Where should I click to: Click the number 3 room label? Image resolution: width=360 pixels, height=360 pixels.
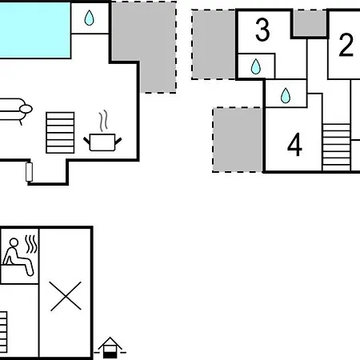pos(262,30)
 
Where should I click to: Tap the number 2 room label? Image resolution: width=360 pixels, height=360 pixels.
pos(346,45)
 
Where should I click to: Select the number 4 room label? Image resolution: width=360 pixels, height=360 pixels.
pos(294,145)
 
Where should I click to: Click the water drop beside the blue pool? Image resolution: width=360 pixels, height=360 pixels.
pos(89,18)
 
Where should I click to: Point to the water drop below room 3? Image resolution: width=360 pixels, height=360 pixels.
pos(256,66)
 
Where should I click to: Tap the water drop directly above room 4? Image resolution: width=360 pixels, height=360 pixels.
pos(286,95)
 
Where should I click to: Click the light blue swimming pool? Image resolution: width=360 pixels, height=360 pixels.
pos(35,30)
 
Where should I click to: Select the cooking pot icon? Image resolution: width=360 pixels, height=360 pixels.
pos(102,142)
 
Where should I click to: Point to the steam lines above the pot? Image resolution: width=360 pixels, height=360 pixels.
pos(103,121)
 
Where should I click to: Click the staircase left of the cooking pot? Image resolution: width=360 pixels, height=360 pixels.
pos(60,133)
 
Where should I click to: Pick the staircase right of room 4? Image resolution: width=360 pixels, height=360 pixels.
pos(336,147)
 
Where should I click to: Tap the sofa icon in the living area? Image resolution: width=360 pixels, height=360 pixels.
pos(14,110)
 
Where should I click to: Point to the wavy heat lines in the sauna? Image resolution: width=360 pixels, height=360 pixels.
pos(31,244)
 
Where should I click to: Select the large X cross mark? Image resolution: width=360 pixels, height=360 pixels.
pos(66,296)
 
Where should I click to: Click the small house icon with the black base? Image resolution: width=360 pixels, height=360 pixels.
pos(110,348)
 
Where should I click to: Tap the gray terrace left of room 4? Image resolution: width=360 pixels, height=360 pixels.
pos(238,140)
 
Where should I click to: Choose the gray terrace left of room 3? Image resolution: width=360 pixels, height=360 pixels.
pos(214,45)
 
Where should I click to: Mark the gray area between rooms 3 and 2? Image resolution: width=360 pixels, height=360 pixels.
pos(310,23)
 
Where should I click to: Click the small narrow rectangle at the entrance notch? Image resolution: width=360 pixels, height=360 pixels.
pos(30,172)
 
